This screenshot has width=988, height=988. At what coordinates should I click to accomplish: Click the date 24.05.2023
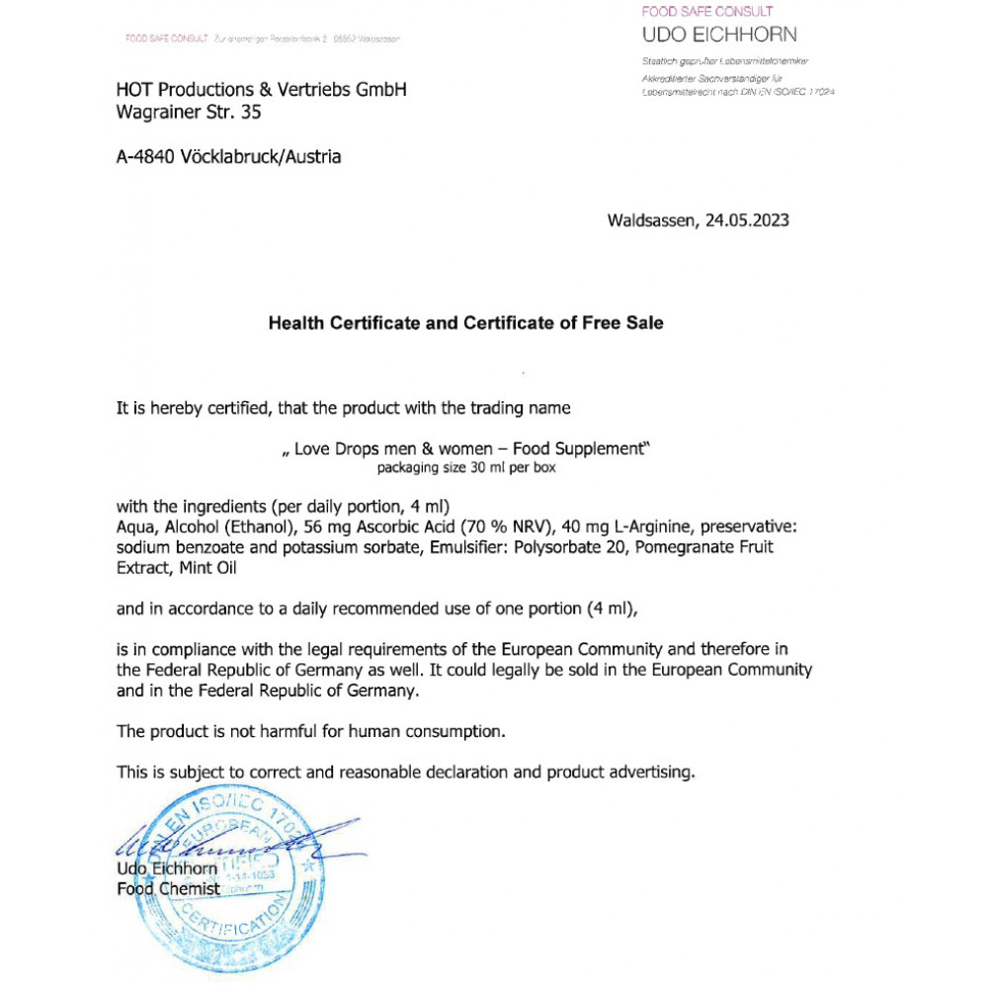pyautogui.click(x=747, y=221)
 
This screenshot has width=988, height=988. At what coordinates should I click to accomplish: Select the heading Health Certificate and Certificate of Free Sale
pyautogui.click(x=466, y=323)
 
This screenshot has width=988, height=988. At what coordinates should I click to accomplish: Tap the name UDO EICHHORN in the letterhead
pyautogui.click(x=719, y=36)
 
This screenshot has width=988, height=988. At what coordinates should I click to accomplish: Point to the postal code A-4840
pyautogui.click(x=146, y=156)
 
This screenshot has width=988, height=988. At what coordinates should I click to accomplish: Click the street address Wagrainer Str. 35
pyautogui.click(x=189, y=113)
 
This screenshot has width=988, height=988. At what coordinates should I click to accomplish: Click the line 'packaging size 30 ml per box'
pyautogui.click(x=466, y=468)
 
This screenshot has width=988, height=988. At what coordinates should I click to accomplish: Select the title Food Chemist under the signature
pyautogui.click(x=168, y=889)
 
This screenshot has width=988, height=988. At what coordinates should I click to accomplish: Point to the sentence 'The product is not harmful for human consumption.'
pyautogui.click(x=311, y=732)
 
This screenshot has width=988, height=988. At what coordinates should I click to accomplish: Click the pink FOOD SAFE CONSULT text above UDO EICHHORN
pyautogui.click(x=707, y=12)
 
